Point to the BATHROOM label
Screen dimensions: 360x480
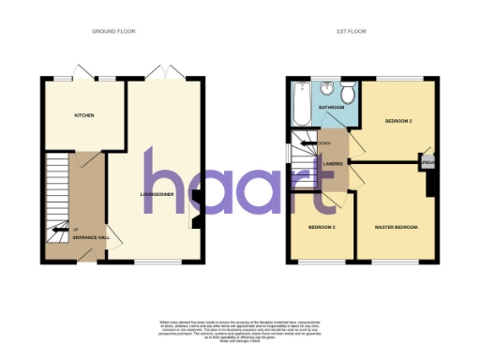click(x=331, y=108)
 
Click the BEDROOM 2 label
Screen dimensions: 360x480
click(x=399, y=122)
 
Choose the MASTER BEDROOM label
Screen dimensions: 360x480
click(x=395, y=228)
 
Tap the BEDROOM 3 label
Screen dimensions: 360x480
click(x=322, y=228)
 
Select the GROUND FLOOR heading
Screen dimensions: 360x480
click(x=113, y=31)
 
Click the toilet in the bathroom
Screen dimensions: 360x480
click(x=348, y=93)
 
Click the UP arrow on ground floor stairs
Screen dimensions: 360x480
click(x=61, y=229)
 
